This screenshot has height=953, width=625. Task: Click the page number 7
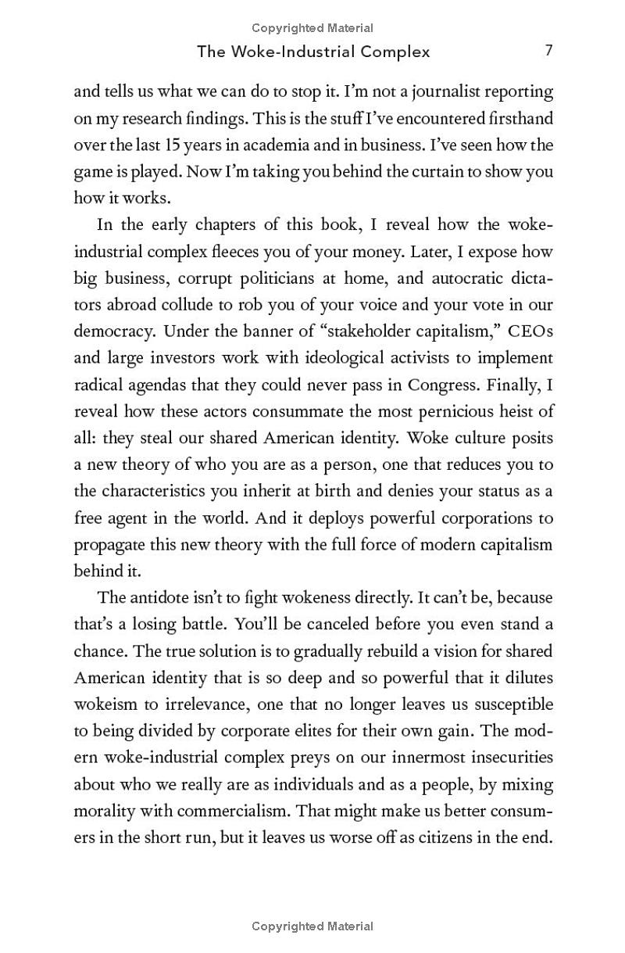point(549,51)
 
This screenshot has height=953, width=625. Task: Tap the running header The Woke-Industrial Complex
point(313,52)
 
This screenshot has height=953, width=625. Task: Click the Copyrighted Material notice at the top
point(312,28)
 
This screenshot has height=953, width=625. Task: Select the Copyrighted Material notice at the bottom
point(312,926)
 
